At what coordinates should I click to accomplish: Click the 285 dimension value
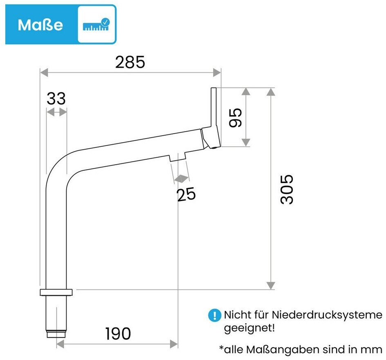(x=130, y=62)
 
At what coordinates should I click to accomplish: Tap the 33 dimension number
(x=56, y=98)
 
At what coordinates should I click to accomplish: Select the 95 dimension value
(x=235, y=118)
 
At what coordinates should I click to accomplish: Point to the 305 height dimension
(x=287, y=189)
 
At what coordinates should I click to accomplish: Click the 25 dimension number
(x=186, y=194)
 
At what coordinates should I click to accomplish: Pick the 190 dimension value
(x=118, y=334)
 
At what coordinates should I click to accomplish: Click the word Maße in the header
(x=40, y=25)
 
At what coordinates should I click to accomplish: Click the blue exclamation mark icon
(x=215, y=315)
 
